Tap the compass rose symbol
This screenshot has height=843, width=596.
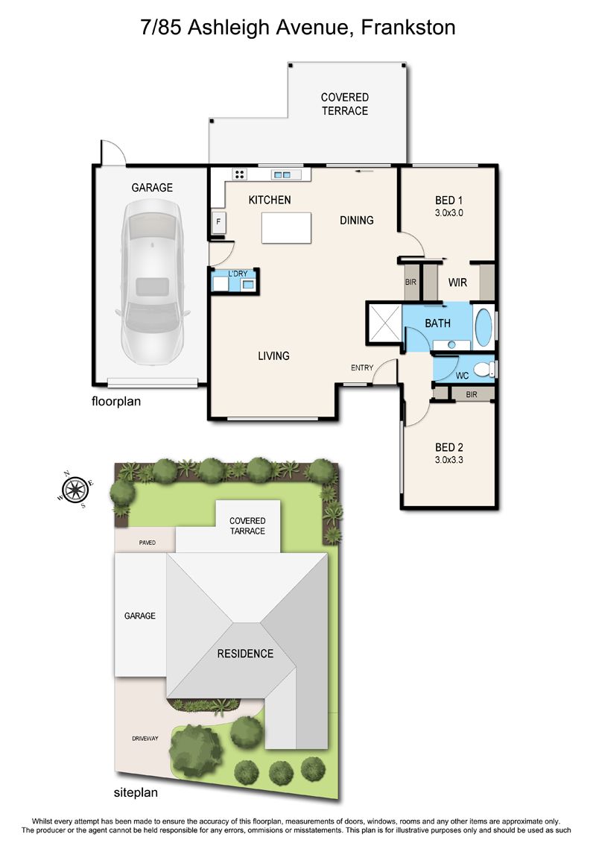pos(75,489)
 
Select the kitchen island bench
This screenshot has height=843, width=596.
pos(286,228)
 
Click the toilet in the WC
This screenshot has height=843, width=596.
pos(485,370)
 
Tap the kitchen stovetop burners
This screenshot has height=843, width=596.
pos(240,174)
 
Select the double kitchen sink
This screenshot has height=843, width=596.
pos(282,174)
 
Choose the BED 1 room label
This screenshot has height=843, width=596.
pos(448,201)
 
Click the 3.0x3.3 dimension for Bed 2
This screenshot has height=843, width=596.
pos(448,460)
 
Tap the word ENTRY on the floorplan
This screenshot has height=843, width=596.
pos(362,367)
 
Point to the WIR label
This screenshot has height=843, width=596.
pos(457,282)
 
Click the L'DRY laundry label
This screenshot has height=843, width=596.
pos(238,274)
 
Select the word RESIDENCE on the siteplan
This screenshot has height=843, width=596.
pos(245,654)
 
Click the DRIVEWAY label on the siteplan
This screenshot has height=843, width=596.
pos(145,739)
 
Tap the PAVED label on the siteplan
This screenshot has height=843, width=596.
pos(148,543)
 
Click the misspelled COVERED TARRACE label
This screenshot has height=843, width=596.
pos(247,525)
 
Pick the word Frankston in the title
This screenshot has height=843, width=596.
pos(408,27)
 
